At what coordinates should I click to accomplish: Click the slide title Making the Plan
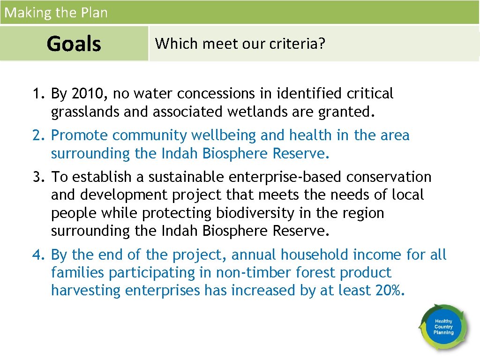pos(56,13)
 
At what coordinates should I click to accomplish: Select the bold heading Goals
pos(74,44)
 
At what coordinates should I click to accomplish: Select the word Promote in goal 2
pos(80,135)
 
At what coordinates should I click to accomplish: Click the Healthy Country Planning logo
pos(443,327)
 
